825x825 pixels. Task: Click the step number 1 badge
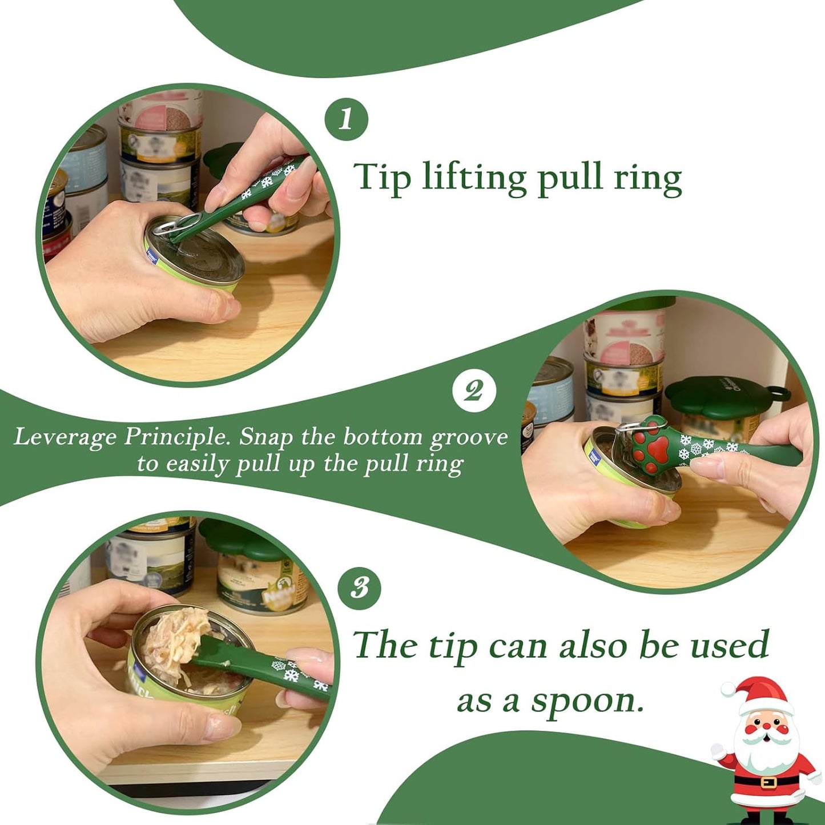coord(346,120)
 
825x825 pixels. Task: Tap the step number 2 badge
coord(473,392)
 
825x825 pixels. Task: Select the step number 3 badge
coord(359,588)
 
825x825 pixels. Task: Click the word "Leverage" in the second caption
coord(65,437)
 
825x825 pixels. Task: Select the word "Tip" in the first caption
coord(381,177)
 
